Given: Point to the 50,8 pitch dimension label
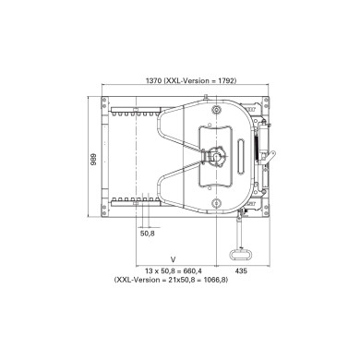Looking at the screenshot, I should pos(148,234).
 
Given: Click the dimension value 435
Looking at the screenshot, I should pos(241,270).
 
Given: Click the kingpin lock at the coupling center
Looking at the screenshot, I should pos(221,158).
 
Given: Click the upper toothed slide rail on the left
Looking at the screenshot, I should pos(139,114).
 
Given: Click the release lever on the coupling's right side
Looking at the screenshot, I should pos(267,148).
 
